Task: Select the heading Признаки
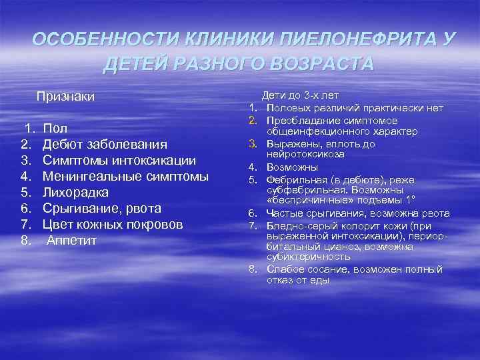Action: click(65, 97)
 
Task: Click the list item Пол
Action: click(54, 128)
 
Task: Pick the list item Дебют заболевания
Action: click(105, 144)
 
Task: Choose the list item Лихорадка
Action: click(77, 192)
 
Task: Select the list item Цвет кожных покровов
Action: click(113, 224)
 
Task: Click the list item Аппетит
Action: click(71, 240)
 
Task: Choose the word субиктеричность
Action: click(308, 256)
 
